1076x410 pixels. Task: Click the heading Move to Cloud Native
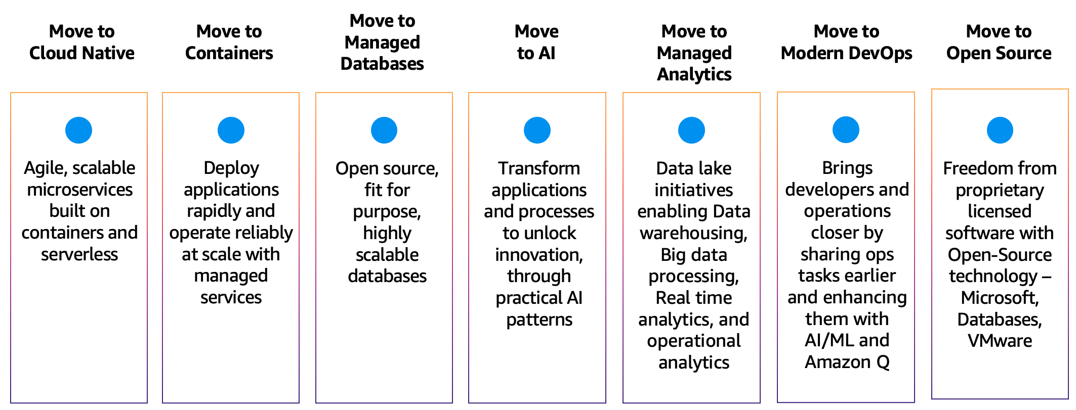81,42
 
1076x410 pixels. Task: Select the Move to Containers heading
229,42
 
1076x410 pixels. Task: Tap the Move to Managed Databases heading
382,42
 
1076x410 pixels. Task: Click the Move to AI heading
536,42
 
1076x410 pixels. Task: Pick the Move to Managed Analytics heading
694,53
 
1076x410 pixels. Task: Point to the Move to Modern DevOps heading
846,42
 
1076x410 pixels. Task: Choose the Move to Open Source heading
999,42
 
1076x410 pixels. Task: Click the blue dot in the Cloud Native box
78,130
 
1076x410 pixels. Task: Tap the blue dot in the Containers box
231,130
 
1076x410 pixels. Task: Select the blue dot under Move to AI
537,130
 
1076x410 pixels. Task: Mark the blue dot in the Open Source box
1000,130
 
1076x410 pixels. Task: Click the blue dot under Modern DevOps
846,130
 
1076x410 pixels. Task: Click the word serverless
79,254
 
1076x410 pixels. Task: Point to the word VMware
1000,341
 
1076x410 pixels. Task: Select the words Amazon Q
847,362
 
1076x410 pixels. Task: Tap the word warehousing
693,233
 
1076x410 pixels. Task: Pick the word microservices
79,190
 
